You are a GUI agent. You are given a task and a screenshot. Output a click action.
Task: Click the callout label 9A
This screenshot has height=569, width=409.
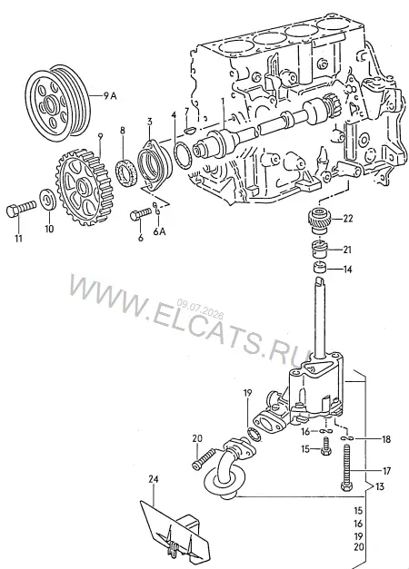pos(110,96)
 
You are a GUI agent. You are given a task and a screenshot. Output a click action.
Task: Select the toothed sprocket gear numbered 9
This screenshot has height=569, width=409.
pos(85,185)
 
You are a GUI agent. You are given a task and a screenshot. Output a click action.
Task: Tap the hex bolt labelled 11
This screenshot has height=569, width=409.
pos(21,210)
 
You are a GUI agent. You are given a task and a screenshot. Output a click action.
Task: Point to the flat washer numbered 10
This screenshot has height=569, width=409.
pos(47,199)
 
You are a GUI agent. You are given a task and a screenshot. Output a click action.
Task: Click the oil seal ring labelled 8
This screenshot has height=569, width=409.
pos(126,172)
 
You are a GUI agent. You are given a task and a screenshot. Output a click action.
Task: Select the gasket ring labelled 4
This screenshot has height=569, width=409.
pos(184,156)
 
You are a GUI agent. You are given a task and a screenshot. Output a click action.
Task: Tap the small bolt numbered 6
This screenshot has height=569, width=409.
pos(140,213)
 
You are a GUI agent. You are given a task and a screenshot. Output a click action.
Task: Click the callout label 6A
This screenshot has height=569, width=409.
pos(159,231)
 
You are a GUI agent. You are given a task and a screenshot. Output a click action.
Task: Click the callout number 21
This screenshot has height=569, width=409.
pos(347,250)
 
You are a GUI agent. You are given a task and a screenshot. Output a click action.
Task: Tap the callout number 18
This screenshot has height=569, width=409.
pos(385,439)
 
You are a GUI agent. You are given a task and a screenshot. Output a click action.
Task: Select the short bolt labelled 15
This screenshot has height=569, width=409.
pos(326,446)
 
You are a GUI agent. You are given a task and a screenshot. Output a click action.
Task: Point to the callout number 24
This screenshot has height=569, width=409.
pos(154,479)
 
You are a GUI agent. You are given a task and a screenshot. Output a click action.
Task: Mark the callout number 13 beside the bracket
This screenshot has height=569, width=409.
pos(379,486)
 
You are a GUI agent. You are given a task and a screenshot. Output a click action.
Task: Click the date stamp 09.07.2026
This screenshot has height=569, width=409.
pos(200,308)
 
